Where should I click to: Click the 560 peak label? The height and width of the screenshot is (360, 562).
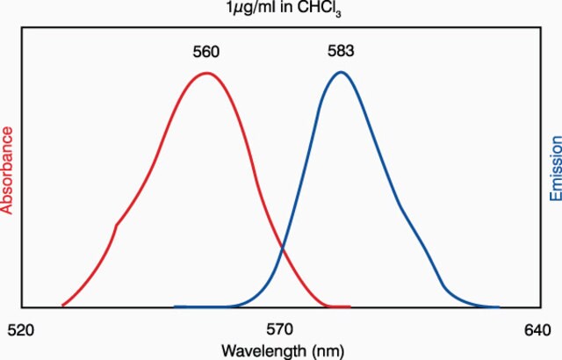click(205, 52)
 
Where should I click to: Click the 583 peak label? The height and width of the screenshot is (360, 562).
click(341, 51)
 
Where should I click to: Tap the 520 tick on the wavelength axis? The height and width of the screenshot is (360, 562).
click(21, 330)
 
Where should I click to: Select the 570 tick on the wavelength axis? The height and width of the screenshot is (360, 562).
click(279, 329)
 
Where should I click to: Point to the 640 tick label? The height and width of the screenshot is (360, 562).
click(537, 330)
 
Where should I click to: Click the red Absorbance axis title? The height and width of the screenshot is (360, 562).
click(7, 170)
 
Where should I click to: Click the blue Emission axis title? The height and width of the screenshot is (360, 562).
click(555, 169)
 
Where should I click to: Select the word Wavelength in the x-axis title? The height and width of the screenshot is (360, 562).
click(264, 350)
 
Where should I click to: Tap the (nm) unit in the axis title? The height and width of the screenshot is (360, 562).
click(328, 351)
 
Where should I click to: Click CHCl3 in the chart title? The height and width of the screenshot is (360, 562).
click(320, 10)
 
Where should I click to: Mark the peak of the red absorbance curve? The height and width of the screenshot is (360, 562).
click(207, 73)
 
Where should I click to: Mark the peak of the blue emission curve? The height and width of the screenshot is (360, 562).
click(341, 72)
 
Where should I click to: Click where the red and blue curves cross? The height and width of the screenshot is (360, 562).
click(283, 248)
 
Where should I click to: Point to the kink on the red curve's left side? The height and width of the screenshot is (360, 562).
click(117, 225)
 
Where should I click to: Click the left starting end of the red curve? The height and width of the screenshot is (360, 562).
click(62, 306)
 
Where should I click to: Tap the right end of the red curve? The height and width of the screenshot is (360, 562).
click(349, 306)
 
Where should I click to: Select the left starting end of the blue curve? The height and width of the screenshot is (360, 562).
click(175, 306)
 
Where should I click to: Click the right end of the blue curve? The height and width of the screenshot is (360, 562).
click(499, 306)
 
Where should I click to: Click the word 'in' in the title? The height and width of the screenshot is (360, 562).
click(289, 7)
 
